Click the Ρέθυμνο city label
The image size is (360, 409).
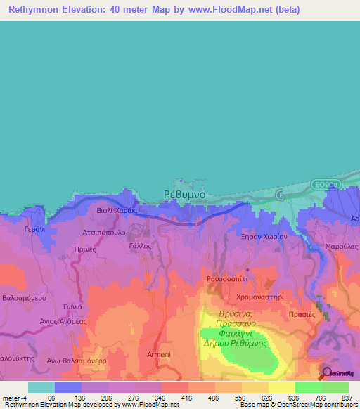click(x=184, y=193)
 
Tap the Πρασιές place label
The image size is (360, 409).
click(x=302, y=315)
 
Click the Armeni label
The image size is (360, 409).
click(x=159, y=354)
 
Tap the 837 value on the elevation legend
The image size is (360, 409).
click(x=347, y=397)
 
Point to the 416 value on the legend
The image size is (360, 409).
click(x=187, y=397)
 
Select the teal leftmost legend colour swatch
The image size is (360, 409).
click(x=41, y=387)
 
